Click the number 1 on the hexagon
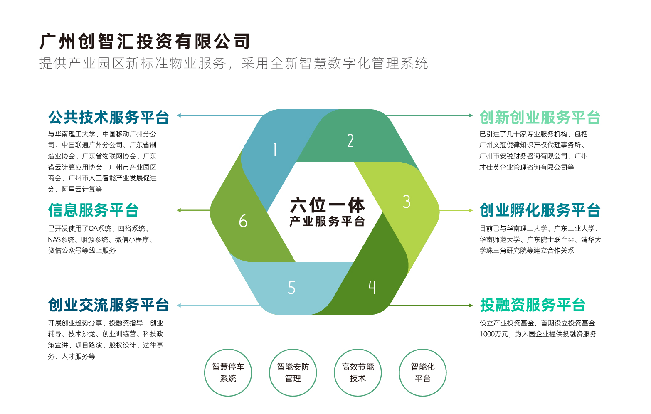point(275,150)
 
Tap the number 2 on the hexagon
point(350,140)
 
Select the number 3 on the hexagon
point(407,202)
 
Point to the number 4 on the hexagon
point(372,287)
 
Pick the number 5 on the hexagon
point(291,288)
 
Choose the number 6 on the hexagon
point(243,221)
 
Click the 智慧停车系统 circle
point(228,372)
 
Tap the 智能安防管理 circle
point(293,372)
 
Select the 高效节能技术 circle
point(358,372)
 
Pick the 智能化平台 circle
point(423,372)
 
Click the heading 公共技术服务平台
point(108,117)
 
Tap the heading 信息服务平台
point(93,210)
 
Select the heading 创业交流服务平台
point(108,305)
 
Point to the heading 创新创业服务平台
point(540,117)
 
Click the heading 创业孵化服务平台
point(540,210)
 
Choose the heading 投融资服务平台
point(533,305)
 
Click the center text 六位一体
point(327,205)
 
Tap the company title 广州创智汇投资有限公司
point(145,41)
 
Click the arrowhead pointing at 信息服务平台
point(179,210)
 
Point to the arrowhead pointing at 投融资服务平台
point(471,306)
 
